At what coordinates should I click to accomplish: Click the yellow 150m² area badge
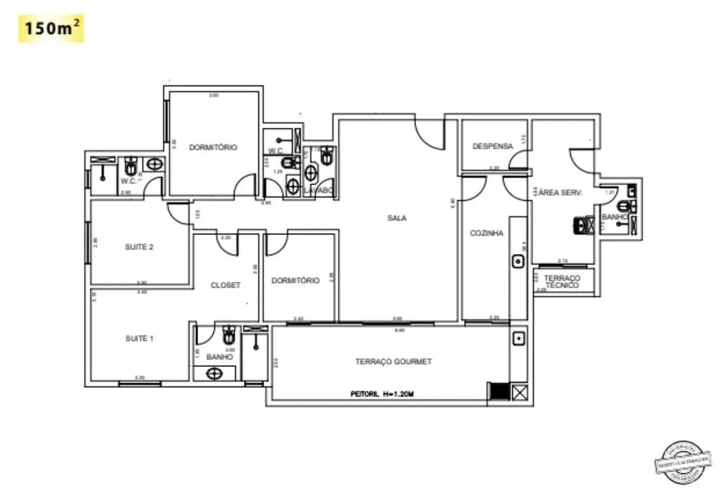[x=51, y=29]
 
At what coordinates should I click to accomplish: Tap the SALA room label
[x=396, y=218]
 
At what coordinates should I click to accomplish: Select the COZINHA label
[x=487, y=233]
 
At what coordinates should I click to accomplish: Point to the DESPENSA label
[x=492, y=146]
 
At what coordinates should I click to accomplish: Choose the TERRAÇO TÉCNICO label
[x=561, y=281]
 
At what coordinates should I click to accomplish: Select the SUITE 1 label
[x=140, y=338]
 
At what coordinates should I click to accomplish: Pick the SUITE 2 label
[x=140, y=247]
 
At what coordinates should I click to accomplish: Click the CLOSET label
[x=226, y=285]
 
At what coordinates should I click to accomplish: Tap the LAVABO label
[x=318, y=189]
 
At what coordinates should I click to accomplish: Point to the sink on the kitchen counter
[x=518, y=262]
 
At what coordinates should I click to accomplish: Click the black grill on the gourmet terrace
[x=499, y=391]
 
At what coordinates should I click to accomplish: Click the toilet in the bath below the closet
[x=228, y=336]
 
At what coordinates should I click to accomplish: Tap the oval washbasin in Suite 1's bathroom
[x=216, y=374]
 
